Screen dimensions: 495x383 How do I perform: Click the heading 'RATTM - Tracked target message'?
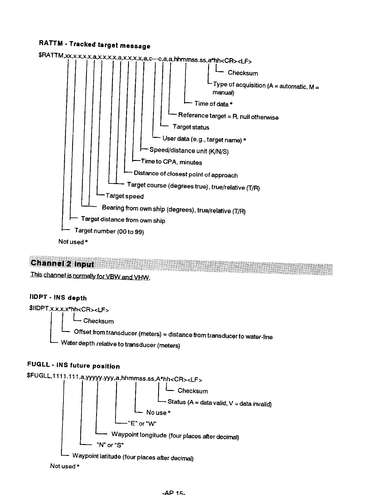coord(94,44)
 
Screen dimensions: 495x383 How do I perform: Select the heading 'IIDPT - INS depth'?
coord(58,297)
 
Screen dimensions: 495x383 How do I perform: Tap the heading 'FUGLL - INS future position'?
coord(74,365)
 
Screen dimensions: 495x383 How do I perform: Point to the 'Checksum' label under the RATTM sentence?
coord(243,73)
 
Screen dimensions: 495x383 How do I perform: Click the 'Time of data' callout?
coord(213,104)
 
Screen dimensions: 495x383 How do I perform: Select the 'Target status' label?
coord(191,127)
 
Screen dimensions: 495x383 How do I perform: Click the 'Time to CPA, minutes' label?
coord(171,162)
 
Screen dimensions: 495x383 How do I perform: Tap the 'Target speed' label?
coord(125,196)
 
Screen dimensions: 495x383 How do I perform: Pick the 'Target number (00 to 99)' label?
coord(109,231)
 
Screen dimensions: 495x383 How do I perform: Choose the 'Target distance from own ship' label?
coord(123,220)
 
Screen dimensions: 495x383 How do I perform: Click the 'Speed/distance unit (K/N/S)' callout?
coord(189,151)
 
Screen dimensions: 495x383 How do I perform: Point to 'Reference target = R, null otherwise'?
coord(228,116)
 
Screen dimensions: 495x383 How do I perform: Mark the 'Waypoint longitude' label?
coord(175,435)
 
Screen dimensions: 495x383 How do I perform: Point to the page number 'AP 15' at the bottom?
coord(174,493)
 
